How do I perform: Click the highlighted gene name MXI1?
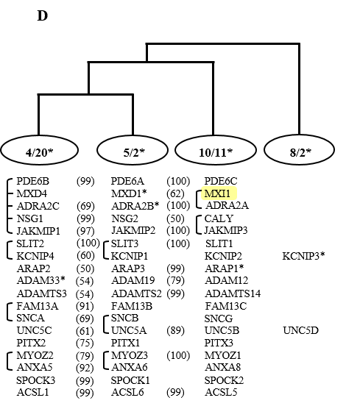pyautogui.click(x=217, y=193)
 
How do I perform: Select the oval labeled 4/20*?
pyautogui.click(x=40, y=150)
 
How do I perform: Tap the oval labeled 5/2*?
pyautogui.click(x=133, y=150)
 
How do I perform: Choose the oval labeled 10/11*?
pyautogui.click(x=216, y=150)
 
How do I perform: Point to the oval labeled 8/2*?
pyautogui.click(x=300, y=150)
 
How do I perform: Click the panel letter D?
pyautogui.click(x=43, y=15)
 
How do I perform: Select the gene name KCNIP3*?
pyautogui.click(x=303, y=256)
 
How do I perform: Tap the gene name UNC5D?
pyautogui.click(x=300, y=330)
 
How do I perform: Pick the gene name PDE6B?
pyautogui.click(x=32, y=181)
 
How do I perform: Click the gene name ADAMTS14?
pyautogui.click(x=233, y=293)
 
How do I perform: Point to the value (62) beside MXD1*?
pyautogui.click(x=175, y=193)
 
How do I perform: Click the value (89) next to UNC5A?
pyautogui.click(x=175, y=331)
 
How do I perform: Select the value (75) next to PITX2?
pyautogui.click(x=85, y=343)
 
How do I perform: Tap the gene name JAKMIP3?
pyautogui.click(x=226, y=230)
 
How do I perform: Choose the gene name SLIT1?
pyautogui.click(x=219, y=243)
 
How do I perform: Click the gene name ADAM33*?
pyautogui.click(x=41, y=280)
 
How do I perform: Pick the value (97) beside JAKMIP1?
pyautogui.click(x=85, y=231)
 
